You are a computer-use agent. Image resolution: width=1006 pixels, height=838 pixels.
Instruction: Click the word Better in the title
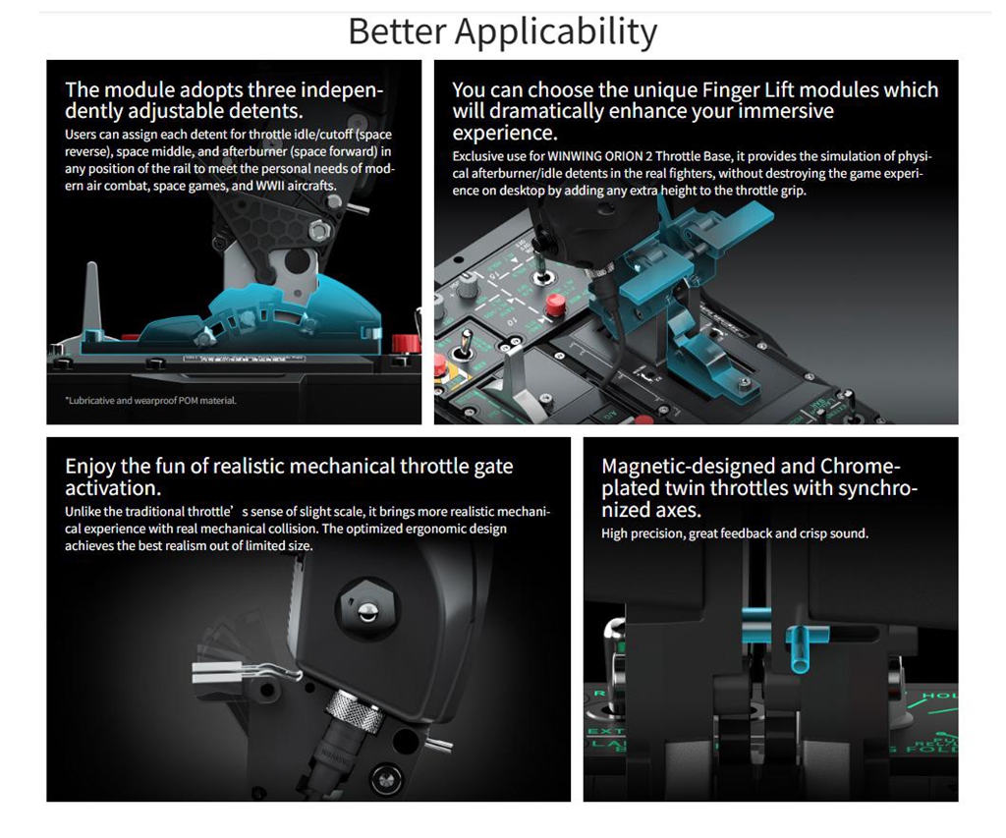(397, 30)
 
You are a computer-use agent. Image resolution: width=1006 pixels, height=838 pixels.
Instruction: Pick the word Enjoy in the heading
(90, 468)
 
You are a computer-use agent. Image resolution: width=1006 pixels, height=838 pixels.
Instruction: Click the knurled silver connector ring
(347, 709)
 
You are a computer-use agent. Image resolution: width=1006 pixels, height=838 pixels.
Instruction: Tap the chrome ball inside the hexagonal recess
(367, 610)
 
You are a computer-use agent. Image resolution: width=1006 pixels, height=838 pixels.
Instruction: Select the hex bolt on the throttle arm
(319, 230)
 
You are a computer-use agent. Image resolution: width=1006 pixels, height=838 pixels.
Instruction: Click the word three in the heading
(271, 89)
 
